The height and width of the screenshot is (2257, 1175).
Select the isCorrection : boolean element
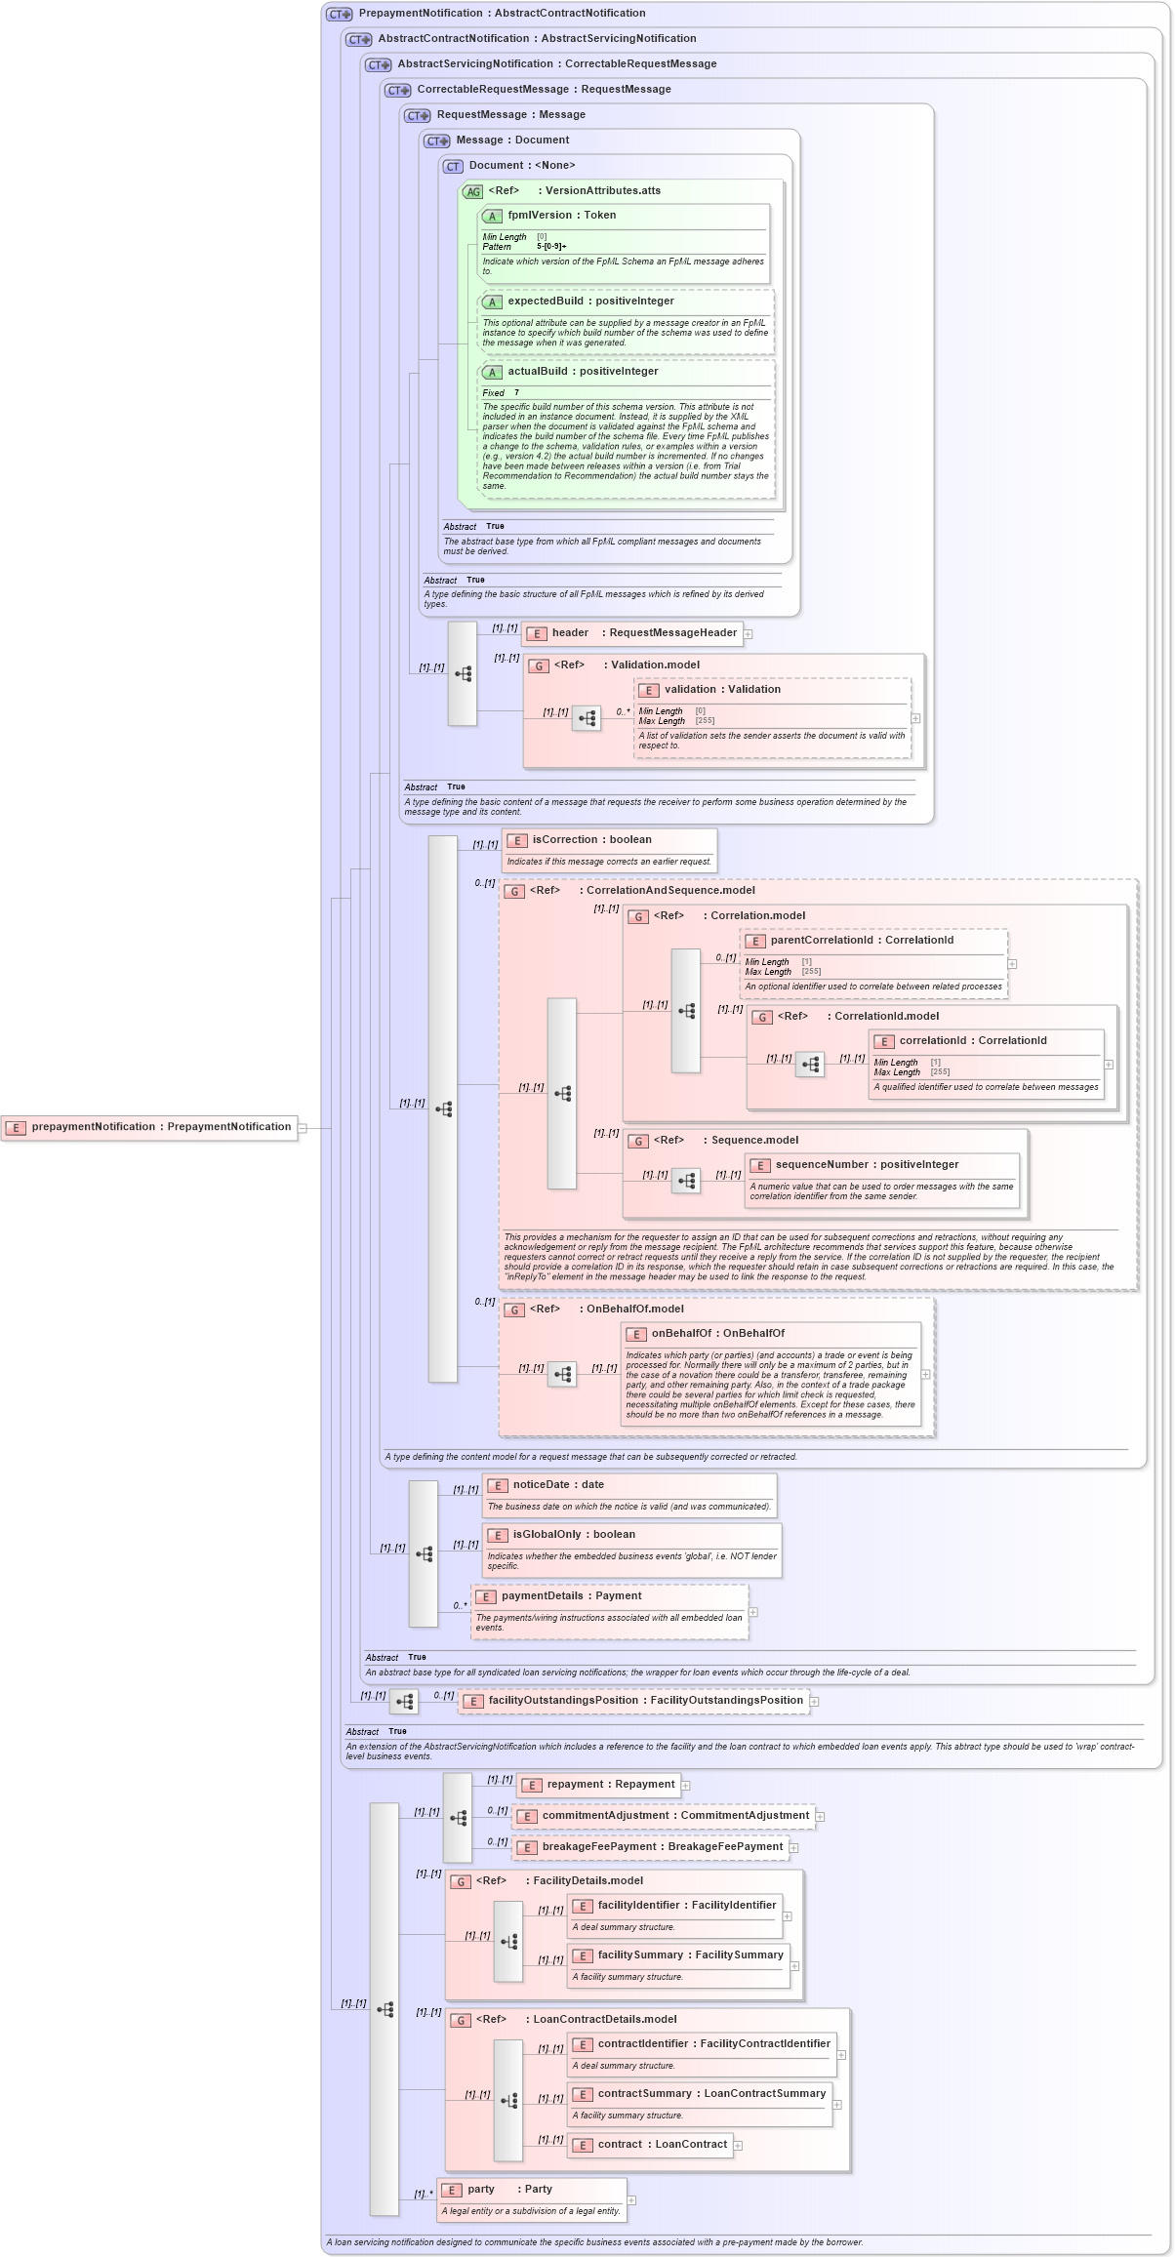point(591,840)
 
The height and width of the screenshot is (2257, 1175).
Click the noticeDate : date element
point(558,1485)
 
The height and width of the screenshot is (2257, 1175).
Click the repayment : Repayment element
point(598,1785)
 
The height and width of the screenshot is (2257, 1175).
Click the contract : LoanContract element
point(650,2145)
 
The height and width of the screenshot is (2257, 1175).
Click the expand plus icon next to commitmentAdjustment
point(821,1817)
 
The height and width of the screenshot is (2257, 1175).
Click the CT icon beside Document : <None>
point(453,167)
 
